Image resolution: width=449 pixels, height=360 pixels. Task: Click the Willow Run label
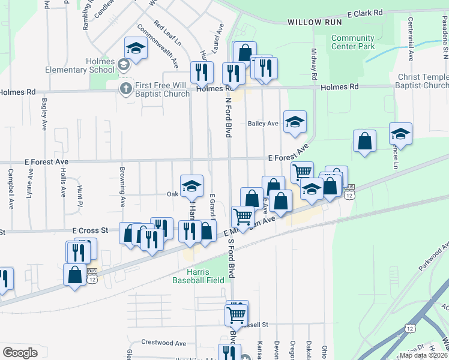[x=314, y=22]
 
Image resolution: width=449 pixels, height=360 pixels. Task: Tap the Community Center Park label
[x=353, y=43]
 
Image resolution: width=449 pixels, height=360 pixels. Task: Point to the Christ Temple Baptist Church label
[x=423, y=82]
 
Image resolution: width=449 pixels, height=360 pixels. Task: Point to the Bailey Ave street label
[x=263, y=124]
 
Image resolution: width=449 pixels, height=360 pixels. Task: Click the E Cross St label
[x=90, y=230]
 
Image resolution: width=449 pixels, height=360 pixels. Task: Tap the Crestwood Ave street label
[x=163, y=343]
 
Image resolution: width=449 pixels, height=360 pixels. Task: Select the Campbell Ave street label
[x=11, y=188]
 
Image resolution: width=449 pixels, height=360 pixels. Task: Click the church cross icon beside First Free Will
[x=125, y=89]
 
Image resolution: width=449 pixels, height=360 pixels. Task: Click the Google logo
[x=20, y=353]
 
